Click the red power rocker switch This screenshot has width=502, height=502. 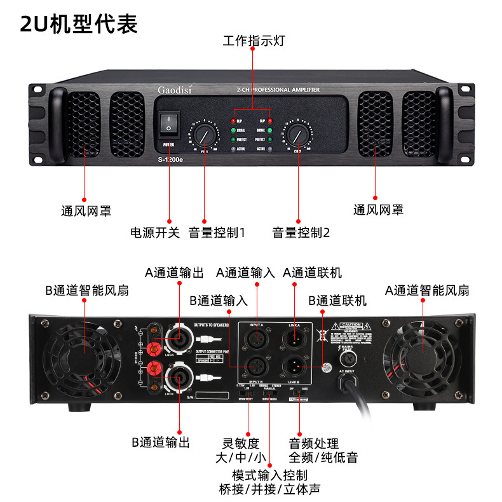point(168,123)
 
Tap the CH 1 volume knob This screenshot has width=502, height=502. point(204,135)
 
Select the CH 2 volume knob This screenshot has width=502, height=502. point(296,135)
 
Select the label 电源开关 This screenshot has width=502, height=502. point(155,232)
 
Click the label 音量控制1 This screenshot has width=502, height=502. point(217,232)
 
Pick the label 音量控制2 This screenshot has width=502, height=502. point(301,232)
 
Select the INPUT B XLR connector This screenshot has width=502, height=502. point(257,367)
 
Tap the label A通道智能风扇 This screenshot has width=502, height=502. point(427,290)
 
